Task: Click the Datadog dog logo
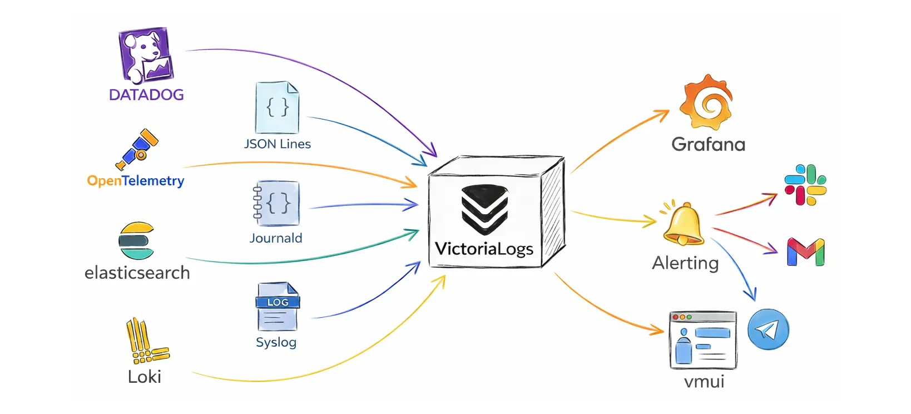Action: click(x=146, y=55)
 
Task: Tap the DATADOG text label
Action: click(x=146, y=95)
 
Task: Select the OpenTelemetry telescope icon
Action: click(x=137, y=149)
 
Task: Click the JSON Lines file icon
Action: click(x=277, y=107)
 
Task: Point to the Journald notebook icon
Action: click(x=276, y=203)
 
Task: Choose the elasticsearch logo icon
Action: click(x=136, y=241)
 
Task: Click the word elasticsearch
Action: click(x=137, y=273)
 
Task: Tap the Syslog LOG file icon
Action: click(x=277, y=307)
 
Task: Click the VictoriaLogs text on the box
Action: click(x=484, y=248)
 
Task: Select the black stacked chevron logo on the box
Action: click(x=484, y=209)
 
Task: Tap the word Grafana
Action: click(x=708, y=145)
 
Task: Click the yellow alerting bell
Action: click(x=684, y=224)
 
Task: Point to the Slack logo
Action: click(x=805, y=185)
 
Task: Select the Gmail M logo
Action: click(x=805, y=252)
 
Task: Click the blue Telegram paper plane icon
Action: click(x=768, y=329)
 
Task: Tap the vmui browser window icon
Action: click(x=703, y=340)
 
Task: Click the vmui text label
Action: click(x=704, y=382)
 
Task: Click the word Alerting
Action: click(x=685, y=263)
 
